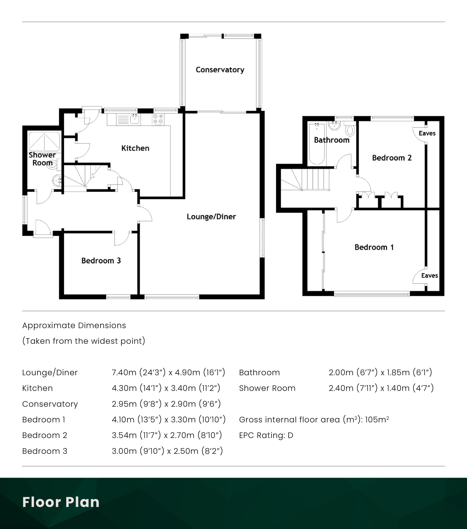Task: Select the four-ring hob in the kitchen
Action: [158, 119]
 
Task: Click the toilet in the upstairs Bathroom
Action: [350, 130]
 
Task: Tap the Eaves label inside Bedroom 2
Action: [427, 133]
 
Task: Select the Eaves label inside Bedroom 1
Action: [429, 275]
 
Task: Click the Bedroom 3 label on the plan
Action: [101, 261]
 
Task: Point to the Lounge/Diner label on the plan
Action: [211, 217]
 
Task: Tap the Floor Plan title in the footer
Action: [61, 502]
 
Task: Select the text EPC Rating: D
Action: [266, 435]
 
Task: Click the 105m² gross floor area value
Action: [377, 420]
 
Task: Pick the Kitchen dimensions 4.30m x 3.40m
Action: [166, 388]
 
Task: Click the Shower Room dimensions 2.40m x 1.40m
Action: [381, 388]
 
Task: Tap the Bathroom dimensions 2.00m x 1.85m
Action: [380, 372]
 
